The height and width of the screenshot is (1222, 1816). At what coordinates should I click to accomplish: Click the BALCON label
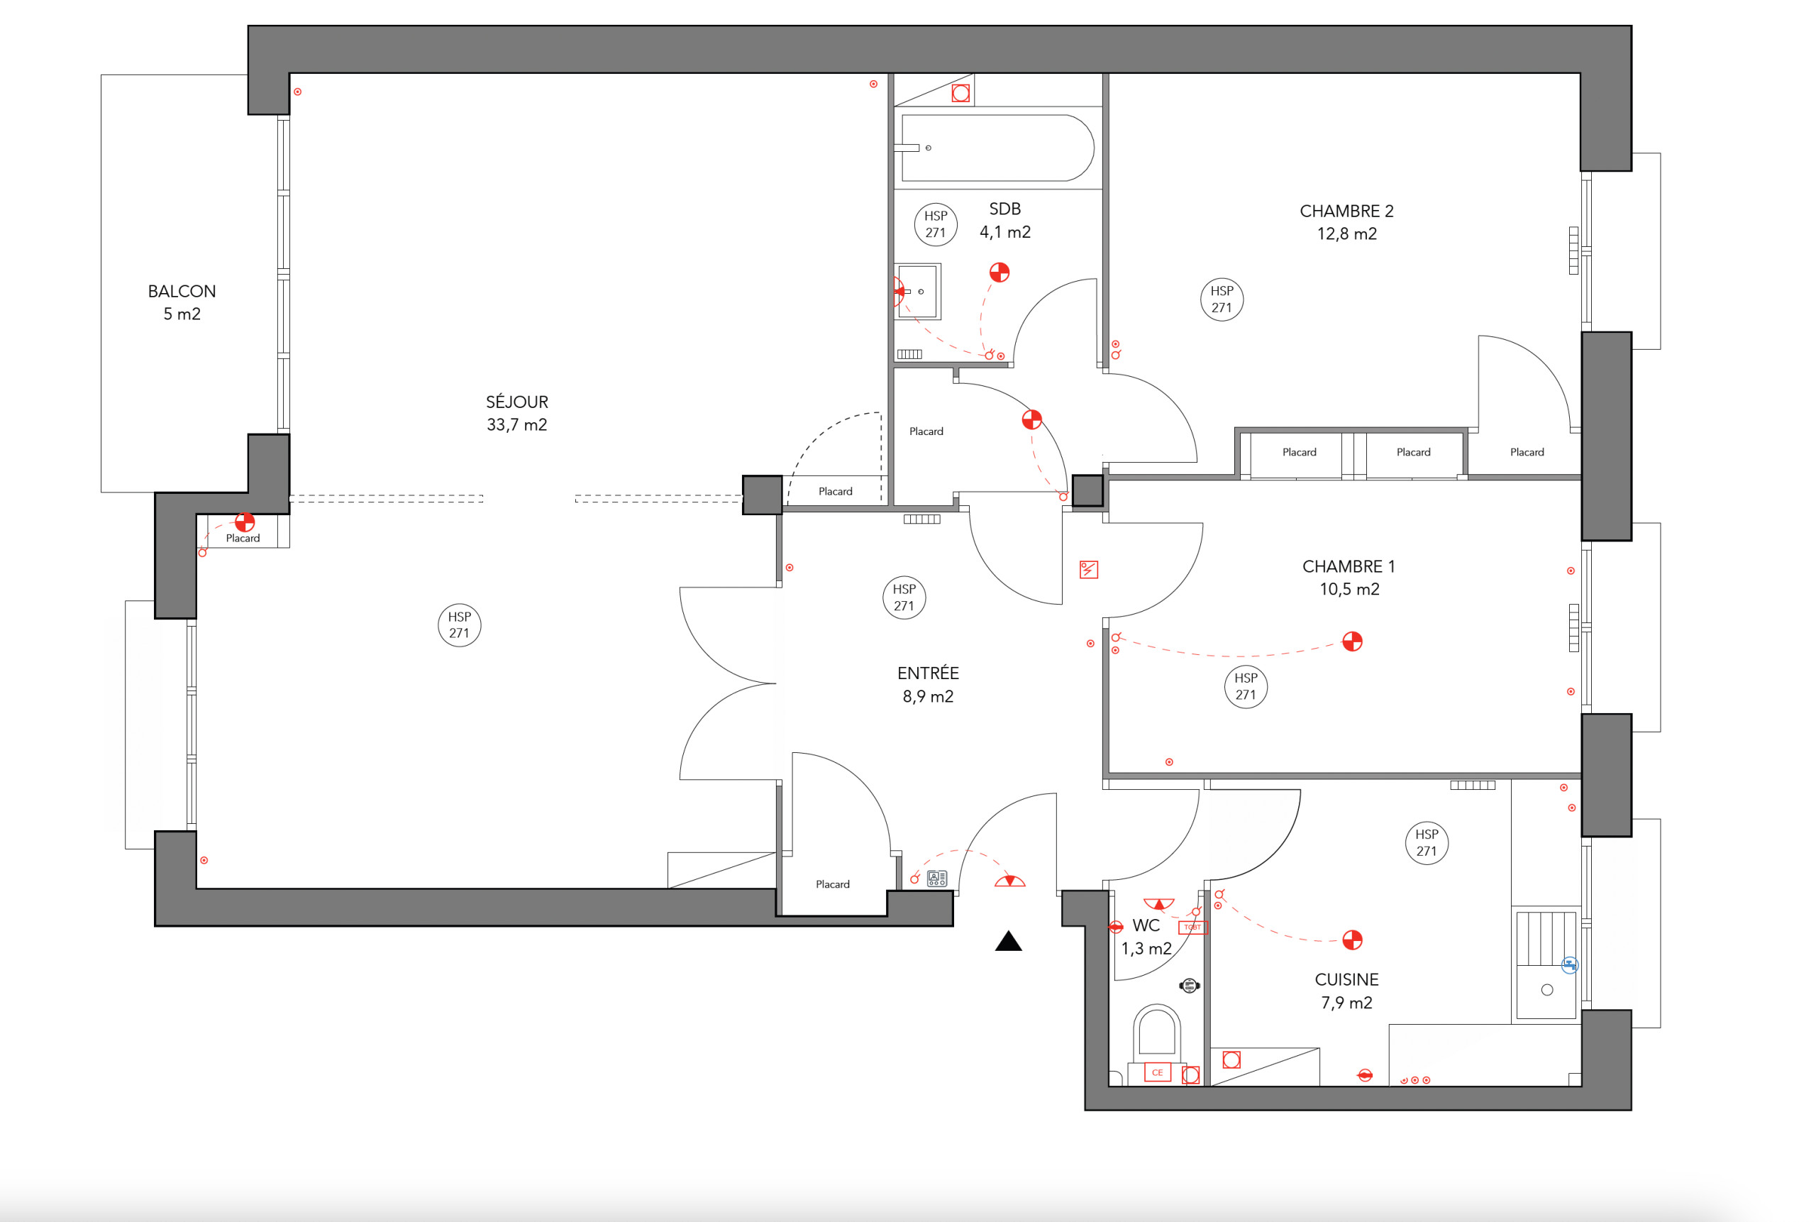(182, 292)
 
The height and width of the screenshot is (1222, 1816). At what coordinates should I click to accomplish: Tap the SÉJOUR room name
(516, 402)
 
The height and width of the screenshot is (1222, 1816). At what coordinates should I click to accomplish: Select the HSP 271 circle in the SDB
(936, 224)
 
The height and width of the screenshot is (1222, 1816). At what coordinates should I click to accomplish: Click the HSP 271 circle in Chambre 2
(1222, 299)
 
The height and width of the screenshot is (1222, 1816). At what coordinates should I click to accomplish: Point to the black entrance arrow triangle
(1008, 942)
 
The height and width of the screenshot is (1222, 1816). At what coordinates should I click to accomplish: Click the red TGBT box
(1192, 927)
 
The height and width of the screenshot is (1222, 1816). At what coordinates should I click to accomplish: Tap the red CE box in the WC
(1157, 1072)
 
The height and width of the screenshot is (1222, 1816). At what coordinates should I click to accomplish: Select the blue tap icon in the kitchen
(1569, 966)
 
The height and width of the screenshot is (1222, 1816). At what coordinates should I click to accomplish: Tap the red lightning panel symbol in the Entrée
(1088, 570)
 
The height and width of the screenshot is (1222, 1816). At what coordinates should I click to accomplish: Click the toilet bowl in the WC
(1156, 1033)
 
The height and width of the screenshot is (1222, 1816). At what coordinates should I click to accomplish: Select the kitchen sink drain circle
(1547, 990)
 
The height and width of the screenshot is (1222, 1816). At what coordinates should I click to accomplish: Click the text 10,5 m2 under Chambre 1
(1349, 589)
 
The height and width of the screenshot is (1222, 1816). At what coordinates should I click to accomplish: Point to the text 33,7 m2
(516, 425)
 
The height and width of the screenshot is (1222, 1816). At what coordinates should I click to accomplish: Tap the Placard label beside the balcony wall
(243, 538)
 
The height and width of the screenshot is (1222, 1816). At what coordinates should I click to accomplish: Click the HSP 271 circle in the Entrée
(904, 598)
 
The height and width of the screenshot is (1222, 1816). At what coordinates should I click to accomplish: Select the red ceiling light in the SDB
(999, 272)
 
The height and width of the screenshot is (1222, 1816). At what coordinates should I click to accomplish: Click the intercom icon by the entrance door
(936, 879)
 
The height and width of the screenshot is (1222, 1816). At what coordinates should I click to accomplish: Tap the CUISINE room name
(1346, 979)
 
